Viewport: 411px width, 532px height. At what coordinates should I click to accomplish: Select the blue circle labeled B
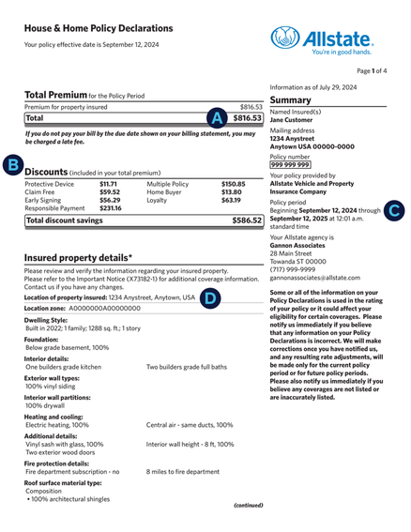click(x=12, y=166)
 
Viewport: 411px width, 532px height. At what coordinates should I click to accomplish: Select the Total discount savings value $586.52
click(x=246, y=220)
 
